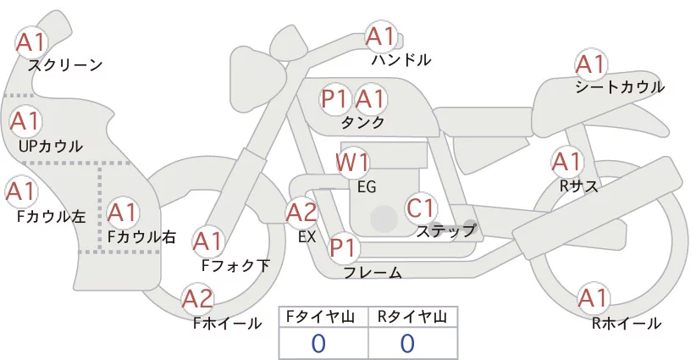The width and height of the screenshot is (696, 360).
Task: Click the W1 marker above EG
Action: click(352, 163)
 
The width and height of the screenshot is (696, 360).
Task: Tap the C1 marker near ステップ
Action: click(420, 208)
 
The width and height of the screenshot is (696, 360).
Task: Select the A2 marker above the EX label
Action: click(301, 213)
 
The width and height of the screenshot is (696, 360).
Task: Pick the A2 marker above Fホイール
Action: click(197, 298)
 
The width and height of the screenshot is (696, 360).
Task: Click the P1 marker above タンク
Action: click(334, 98)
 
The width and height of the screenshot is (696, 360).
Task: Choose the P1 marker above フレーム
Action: click(344, 247)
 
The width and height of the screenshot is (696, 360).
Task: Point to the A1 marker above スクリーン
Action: click(31, 42)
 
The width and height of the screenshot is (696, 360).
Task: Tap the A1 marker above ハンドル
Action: click(381, 36)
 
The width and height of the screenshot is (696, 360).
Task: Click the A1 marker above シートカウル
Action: click(591, 64)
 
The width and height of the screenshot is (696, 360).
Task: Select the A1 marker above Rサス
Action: click(566, 162)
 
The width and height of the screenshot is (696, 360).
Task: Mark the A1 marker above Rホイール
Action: click(593, 298)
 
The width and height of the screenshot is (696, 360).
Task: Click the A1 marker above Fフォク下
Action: click(207, 241)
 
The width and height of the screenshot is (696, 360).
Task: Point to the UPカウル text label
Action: click(51, 146)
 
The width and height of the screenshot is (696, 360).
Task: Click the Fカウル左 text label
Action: click(51, 217)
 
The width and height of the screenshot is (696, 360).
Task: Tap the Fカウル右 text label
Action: click(142, 236)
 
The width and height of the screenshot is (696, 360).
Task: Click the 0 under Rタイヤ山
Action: click(407, 343)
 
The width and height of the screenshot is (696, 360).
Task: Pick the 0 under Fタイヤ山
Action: click(318, 343)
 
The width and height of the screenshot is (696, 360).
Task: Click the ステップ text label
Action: click(446, 231)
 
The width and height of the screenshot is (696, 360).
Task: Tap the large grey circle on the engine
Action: click(384, 219)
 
